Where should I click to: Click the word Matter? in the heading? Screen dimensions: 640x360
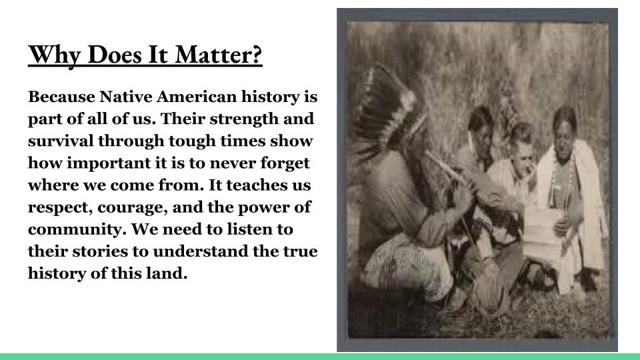pyautogui.click(x=219, y=55)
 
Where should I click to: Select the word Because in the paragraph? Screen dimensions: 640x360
pyautogui.click(x=61, y=97)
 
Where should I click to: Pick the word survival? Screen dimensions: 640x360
pyautogui.click(x=61, y=141)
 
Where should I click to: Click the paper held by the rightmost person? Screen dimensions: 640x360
pyautogui.click(x=542, y=227)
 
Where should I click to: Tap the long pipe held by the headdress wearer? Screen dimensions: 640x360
pyautogui.click(x=449, y=171)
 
